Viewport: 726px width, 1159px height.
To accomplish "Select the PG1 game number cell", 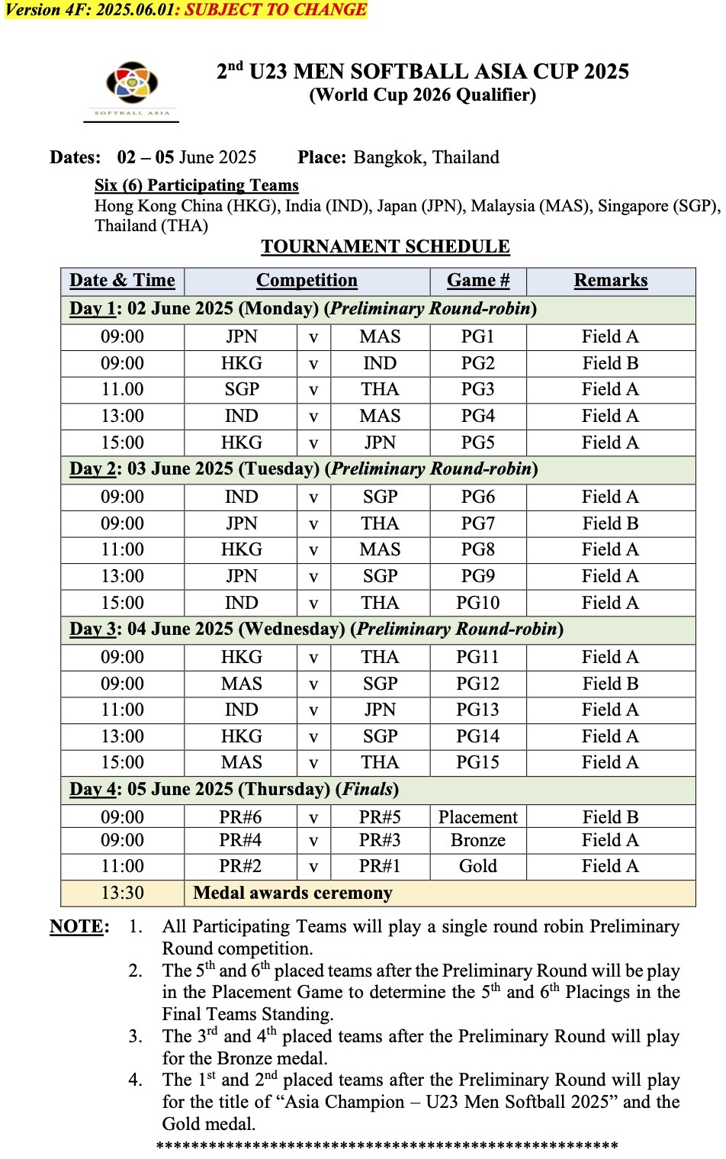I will [477, 336].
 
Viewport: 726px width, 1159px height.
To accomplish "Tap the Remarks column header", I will [610, 280].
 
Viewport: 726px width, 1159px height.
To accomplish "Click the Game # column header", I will [477, 280].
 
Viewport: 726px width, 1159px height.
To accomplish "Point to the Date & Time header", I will [122, 280].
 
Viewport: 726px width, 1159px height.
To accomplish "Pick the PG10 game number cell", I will [477, 603].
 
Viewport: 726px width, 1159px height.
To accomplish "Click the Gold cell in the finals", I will [477, 866].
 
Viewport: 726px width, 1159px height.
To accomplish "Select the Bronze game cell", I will [477, 840].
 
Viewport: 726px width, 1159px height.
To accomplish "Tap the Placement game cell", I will [477, 817].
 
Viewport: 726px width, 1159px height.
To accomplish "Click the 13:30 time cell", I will [122, 893].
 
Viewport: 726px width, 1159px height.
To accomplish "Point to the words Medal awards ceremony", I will [293, 893].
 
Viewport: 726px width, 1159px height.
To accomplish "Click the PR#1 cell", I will [380, 866].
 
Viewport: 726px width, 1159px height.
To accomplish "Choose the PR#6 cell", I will [240, 817].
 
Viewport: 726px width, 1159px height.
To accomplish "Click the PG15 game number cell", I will [477, 762].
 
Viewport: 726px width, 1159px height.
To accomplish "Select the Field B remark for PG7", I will [610, 523].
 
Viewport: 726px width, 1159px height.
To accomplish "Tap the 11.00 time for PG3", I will [122, 389].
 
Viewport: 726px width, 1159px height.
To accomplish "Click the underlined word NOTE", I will [77, 926].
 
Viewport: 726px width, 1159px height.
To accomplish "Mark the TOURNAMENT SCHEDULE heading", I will [385, 246].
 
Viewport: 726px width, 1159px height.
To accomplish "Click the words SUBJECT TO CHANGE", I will [275, 10].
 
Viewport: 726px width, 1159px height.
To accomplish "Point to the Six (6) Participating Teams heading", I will [197, 185].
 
